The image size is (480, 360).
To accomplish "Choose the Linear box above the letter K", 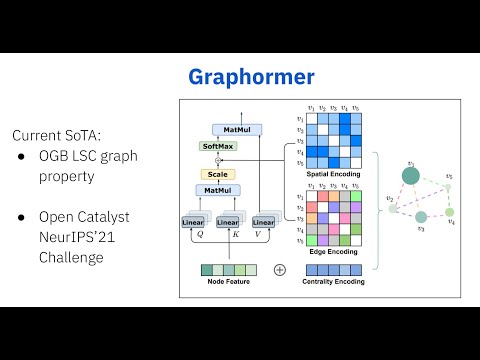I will coord(228,221).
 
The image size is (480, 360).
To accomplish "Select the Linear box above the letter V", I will coord(264,221).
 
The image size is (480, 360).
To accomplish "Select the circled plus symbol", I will coord(279,269).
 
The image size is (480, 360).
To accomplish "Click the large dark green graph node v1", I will coord(410,178).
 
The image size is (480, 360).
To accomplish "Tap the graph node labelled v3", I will coord(421,217).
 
